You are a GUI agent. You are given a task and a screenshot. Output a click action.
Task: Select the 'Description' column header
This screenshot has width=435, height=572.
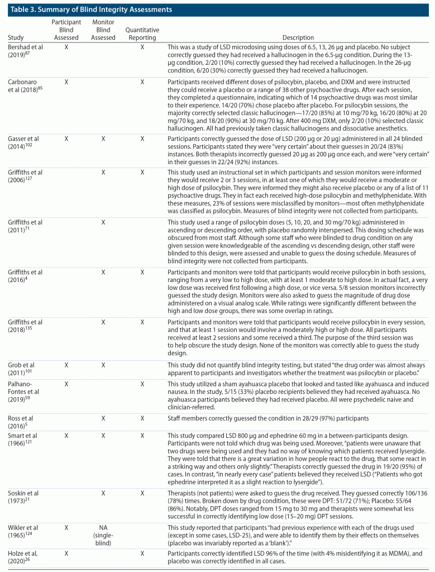pos(298,38)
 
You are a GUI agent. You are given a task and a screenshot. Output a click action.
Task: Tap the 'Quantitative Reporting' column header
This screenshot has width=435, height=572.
pos(142,34)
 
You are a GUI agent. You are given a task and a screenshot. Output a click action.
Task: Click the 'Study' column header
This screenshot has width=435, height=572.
pos(16,38)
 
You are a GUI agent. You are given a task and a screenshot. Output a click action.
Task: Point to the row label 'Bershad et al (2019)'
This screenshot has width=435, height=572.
pos(26,51)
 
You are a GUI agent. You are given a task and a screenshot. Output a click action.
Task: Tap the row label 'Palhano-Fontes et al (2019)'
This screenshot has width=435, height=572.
pos(26,392)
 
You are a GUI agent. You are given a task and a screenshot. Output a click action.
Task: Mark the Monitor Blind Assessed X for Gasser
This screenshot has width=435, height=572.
pos(103,138)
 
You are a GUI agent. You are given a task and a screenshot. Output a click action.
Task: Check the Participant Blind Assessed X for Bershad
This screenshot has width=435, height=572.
pos(66,47)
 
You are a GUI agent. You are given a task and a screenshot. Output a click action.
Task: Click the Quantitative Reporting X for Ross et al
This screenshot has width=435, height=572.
pos(142,417)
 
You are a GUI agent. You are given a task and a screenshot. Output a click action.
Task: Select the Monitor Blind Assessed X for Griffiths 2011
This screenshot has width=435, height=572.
pos(103,222)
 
